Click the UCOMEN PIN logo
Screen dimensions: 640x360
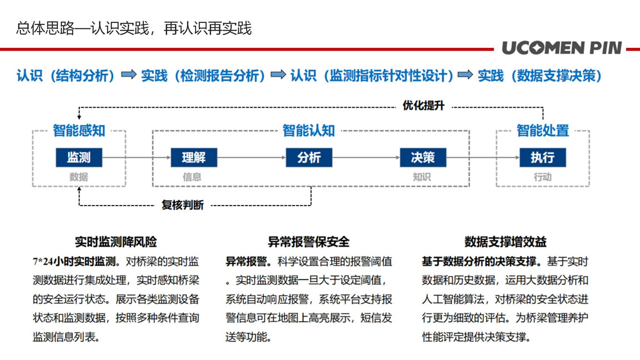point(562,48)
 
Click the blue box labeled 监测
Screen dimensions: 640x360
point(79,158)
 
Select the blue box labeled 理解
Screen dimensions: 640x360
point(194,158)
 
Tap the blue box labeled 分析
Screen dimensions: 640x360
point(309,158)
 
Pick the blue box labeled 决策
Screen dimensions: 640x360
point(423,158)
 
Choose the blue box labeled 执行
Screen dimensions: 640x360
point(542,158)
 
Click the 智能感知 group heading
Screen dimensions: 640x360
point(79,131)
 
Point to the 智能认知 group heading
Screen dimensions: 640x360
point(308,131)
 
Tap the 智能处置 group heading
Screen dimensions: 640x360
point(542,131)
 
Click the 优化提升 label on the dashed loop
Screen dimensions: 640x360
point(423,106)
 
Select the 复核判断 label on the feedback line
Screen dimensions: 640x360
point(182,205)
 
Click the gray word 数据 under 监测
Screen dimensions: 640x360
point(79,177)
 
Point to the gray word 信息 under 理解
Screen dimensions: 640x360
point(192,177)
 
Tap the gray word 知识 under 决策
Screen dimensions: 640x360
point(422,177)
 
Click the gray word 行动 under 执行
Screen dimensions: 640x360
point(542,177)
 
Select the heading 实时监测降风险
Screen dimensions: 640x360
point(116,242)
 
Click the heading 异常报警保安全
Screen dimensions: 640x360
point(308,242)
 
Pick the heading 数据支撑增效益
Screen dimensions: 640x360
point(506,242)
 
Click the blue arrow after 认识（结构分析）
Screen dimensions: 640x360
point(129,74)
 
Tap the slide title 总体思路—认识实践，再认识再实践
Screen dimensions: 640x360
point(134,28)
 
